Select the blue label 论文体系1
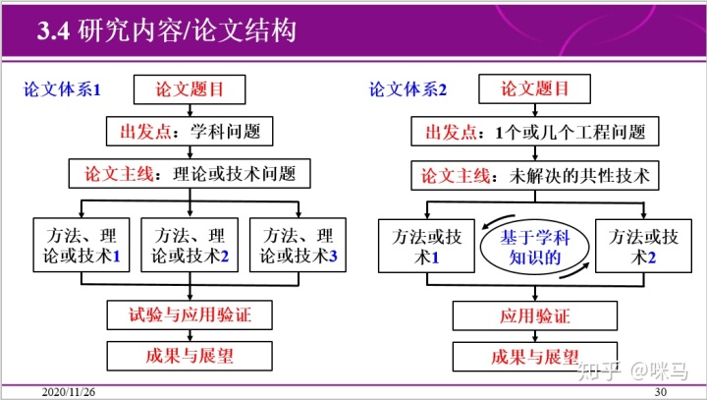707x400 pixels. [x=63, y=89]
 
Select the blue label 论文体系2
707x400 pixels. [x=408, y=89]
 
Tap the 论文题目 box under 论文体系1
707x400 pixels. [x=190, y=89]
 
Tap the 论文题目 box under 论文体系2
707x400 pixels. [x=535, y=89]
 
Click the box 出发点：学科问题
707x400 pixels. [x=190, y=132]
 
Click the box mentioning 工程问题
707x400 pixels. [x=535, y=132]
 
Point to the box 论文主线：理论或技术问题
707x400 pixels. [x=190, y=175]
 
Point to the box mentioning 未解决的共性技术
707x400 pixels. [x=535, y=176]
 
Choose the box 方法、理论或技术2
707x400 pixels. [x=190, y=246]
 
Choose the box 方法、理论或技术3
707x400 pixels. [x=299, y=246]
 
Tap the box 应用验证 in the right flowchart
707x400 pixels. [x=535, y=316]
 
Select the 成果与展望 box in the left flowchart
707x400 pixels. [x=190, y=355]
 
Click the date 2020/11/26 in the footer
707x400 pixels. [x=69, y=392]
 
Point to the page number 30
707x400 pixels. [x=660, y=392]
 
